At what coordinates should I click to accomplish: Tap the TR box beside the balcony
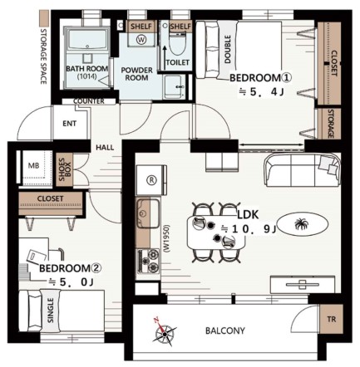coord(332,319)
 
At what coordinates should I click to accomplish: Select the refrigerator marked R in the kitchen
coord(151,180)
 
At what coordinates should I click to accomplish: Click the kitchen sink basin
coord(148,213)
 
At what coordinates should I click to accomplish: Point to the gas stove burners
coord(148,261)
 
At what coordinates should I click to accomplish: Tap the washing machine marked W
coord(141,40)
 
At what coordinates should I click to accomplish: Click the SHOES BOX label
coord(65,169)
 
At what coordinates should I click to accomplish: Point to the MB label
coord(33,166)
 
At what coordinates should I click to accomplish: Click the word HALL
coord(105,148)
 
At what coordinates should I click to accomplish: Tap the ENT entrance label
coord(69,124)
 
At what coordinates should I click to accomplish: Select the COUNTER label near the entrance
coord(89,101)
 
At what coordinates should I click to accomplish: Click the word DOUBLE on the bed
coord(228,49)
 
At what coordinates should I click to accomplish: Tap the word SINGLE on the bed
coord(51,311)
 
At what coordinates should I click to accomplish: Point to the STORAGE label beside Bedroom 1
coord(331,124)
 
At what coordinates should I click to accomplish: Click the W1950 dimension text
coord(166,237)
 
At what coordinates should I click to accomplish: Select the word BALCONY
coord(225,330)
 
